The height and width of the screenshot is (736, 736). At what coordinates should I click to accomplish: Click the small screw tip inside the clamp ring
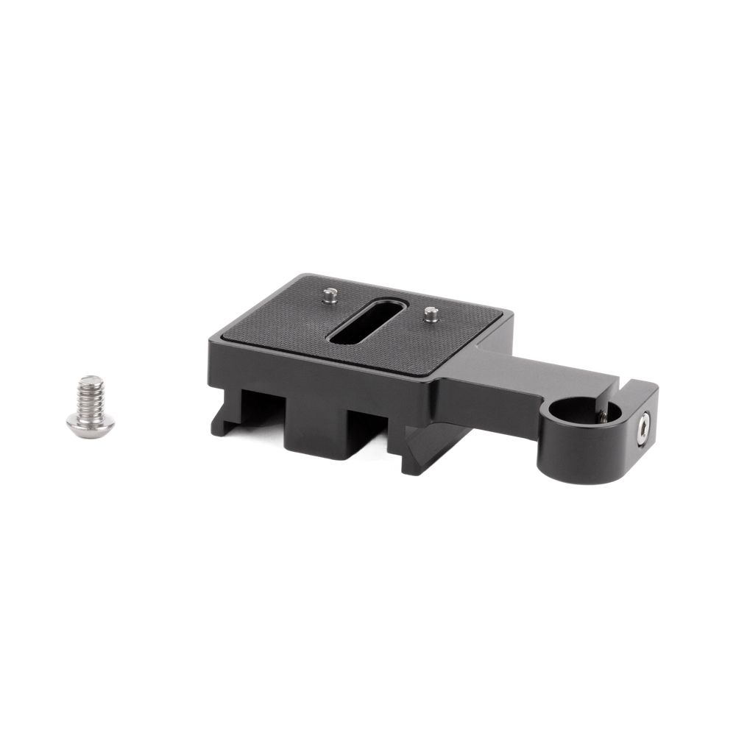[x=601, y=417]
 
